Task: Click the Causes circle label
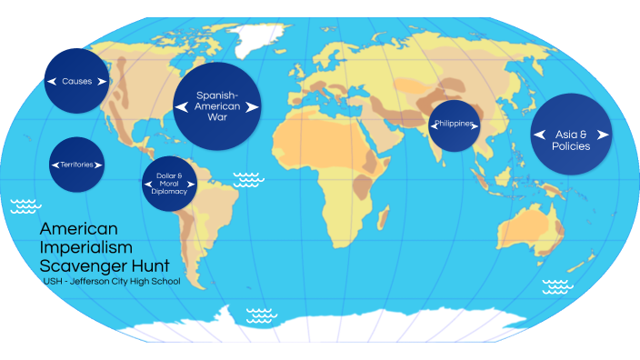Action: [77, 82]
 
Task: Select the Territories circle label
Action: [77, 165]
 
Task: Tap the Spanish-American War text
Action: [217, 105]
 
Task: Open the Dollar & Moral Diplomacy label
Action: [170, 185]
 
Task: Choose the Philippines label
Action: [454, 124]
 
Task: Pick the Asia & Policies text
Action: [570, 140]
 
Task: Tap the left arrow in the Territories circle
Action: [54, 165]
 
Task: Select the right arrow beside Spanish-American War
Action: [254, 107]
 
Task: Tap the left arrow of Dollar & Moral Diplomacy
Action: [148, 185]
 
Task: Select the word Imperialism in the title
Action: [86, 247]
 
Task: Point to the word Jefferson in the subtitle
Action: [88, 282]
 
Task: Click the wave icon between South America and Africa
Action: [248, 179]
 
